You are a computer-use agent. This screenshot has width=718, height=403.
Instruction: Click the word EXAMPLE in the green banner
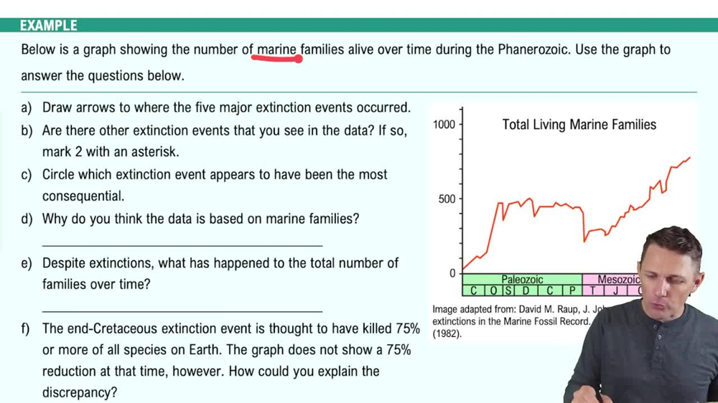[48, 26]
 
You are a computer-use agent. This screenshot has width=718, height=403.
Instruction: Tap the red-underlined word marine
[277, 49]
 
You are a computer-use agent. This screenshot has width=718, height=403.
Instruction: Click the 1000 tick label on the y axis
[444, 125]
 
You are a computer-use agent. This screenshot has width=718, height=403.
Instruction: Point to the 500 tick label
[447, 199]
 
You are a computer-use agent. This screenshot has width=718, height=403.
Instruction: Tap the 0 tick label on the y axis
[452, 273]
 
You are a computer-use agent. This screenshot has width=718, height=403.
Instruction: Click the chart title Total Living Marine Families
[579, 125]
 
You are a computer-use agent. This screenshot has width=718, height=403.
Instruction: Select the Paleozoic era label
[522, 280]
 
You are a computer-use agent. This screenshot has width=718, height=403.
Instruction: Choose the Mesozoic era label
[618, 280]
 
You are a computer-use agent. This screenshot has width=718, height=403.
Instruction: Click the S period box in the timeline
[508, 290]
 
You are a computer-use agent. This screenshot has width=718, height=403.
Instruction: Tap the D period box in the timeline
[526, 290]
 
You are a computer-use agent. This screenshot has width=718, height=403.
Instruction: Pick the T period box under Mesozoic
[592, 290]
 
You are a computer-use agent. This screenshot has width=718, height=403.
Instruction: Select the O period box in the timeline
[493, 290]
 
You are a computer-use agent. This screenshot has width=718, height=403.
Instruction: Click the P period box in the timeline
[572, 290]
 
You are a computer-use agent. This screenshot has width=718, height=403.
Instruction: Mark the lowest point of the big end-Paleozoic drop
[584, 241]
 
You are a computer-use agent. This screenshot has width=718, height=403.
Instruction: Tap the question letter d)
[27, 219]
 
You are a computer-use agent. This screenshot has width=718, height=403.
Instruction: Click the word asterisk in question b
[154, 152]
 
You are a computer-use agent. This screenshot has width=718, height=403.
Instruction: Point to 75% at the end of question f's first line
[406, 328]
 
